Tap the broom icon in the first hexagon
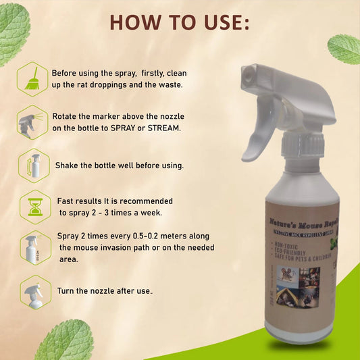click(x=32, y=78)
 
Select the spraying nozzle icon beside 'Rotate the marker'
click(x=32, y=122)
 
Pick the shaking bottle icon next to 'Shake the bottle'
click(x=32, y=165)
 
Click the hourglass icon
click(x=32, y=206)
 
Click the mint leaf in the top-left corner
click(x=14, y=30)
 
